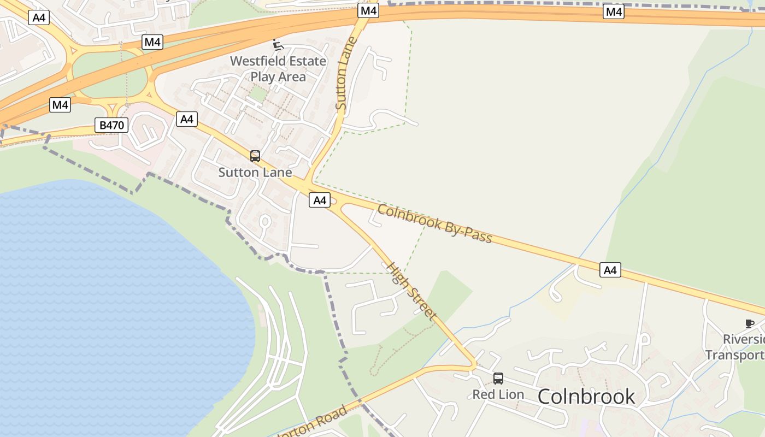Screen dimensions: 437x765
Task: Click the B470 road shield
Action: [111, 125]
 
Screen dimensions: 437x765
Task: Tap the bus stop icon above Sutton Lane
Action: [255, 156]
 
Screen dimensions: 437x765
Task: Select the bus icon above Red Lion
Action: [498, 378]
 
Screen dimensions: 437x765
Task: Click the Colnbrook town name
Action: [586, 397]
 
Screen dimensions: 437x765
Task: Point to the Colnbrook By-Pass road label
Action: [435, 223]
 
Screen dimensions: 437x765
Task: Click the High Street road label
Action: [411, 291]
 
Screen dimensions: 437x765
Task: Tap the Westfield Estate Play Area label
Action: [278, 69]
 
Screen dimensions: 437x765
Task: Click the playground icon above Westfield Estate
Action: [278, 44]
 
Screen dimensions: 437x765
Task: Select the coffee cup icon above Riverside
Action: [750, 323]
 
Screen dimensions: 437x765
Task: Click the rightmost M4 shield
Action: [614, 11]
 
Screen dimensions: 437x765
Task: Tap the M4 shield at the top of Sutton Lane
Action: [369, 10]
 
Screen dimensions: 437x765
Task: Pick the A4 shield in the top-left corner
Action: [39, 17]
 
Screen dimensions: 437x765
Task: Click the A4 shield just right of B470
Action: [187, 119]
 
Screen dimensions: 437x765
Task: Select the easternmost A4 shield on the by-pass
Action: [610, 269]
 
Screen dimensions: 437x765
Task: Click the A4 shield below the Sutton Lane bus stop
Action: [320, 200]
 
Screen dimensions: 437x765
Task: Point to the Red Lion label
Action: [498, 394]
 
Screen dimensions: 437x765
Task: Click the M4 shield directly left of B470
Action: [60, 104]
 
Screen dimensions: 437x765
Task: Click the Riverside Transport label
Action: [735, 347]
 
